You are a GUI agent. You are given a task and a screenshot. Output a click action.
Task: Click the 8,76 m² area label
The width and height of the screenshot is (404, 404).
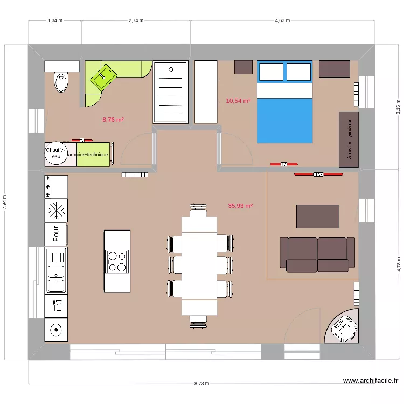tap(113, 120)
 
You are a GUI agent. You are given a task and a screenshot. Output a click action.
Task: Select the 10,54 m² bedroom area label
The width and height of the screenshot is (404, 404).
tap(238, 101)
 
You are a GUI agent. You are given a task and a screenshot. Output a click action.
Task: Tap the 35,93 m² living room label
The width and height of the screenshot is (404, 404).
tap(240, 206)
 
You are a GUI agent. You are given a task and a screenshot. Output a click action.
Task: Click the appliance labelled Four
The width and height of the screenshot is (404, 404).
tap(55, 234)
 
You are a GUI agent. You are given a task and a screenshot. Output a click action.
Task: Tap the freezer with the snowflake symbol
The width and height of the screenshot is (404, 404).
tap(55, 210)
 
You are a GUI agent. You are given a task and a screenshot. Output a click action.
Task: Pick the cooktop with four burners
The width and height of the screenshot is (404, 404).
tap(117, 261)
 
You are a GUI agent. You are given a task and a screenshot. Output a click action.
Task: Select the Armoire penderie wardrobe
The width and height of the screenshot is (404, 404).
tap(349, 140)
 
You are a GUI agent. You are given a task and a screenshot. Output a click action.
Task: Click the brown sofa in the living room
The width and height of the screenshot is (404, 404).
tap(317, 254)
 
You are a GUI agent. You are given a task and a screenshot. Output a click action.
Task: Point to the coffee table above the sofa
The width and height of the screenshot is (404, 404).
tap(318, 217)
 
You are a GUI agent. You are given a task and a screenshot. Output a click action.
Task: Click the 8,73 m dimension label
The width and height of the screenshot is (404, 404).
tap(203, 384)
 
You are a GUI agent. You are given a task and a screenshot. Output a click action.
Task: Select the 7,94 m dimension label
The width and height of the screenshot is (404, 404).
tap(5, 201)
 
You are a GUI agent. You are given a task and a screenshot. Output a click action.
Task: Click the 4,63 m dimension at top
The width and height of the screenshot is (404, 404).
tap(282, 20)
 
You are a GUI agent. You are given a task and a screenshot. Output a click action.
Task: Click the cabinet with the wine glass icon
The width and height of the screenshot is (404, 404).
tap(56, 306)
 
